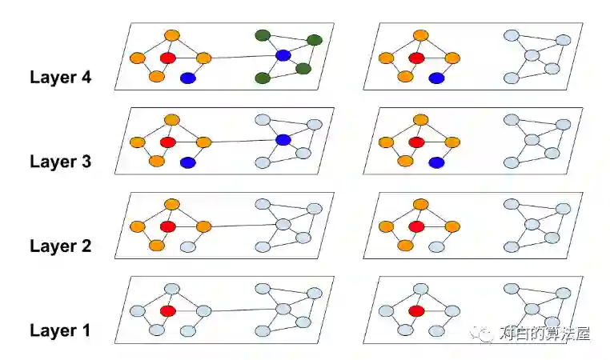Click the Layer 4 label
pyautogui.click(x=60, y=78)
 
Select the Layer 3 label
pyautogui.click(x=60, y=162)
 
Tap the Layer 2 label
pyautogui.click(x=60, y=246)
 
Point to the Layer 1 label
pyautogui.click(x=60, y=330)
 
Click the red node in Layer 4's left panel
pyautogui.click(x=167, y=58)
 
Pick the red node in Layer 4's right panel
pyautogui.click(x=416, y=58)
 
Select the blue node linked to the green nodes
pyautogui.click(x=283, y=55)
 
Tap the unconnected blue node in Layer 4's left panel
pyautogui.click(x=187, y=78)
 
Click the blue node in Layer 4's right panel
pyautogui.click(x=436, y=78)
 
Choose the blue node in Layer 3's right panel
pyautogui.click(x=436, y=162)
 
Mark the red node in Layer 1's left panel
pyautogui.click(x=167, y=310)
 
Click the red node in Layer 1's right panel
pyautogui.click(x=416, y=310)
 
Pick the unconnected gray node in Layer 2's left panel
pyautogui.click(x=187, y=246)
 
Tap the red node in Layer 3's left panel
pyautogui.click(x=167, y=142)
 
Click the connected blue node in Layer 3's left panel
pyautogui.click(x=283, y=140)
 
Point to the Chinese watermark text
pyautogui.click(x=544, y=334)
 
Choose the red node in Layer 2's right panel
pyautogui.click(x=416, y=226)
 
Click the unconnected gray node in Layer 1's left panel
pyautogui.click(x=187, y=330)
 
